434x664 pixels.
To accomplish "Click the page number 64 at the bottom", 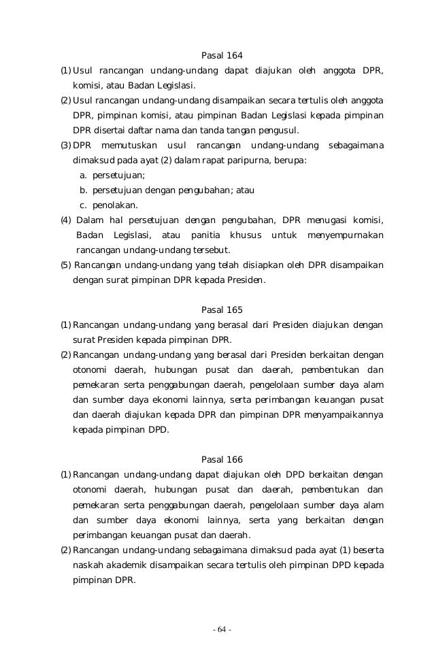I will click(222, 629).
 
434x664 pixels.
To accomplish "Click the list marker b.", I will click(84, 190).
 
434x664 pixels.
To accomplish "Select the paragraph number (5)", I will click(65, 265).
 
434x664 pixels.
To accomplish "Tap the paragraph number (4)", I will click(65, 220).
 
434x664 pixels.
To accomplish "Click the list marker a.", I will click(84, 175).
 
